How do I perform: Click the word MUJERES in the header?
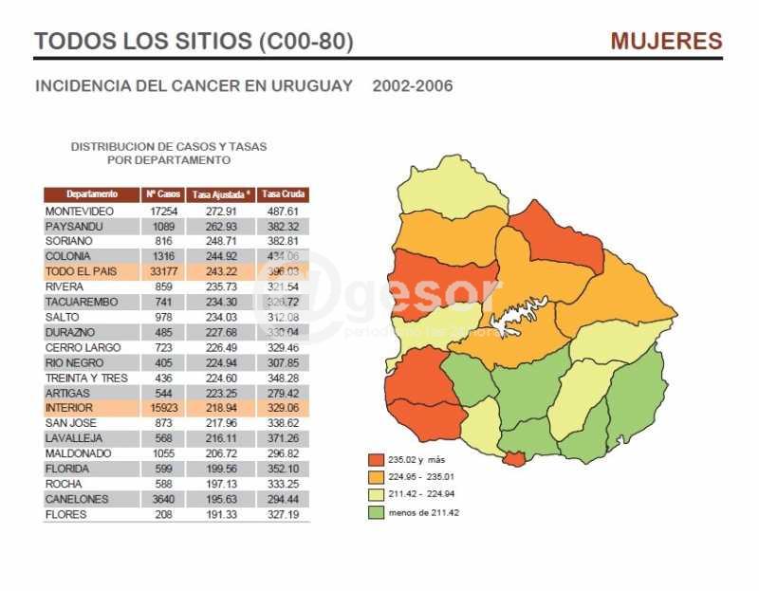[666, 42]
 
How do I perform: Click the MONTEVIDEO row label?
[80, 211]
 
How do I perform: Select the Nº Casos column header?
[163, 194]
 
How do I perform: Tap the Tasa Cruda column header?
[283, 194]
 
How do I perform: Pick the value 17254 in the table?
[164, 211]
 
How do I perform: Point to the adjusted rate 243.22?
[221, 271]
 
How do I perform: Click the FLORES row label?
[65, 514]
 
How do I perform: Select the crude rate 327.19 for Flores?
[283, 514]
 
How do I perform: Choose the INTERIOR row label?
[69, 408]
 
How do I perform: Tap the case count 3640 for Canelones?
[165, 499]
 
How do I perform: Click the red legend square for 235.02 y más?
[376, 460]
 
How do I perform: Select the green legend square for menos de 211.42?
[376, 512]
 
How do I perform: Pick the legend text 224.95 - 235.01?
[423, 477]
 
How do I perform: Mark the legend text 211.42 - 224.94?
[423, 495]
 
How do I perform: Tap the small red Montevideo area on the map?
[513, 459]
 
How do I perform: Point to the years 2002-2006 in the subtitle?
[413, 86]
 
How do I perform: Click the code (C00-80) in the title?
[305, 42]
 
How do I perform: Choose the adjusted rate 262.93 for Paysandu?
[221, 226]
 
